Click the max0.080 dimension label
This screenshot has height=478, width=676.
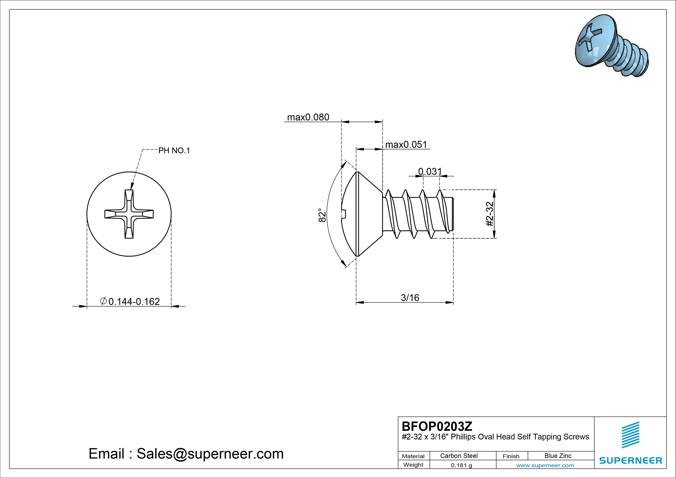[x=308, y=117]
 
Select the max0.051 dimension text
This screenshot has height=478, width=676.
[x=406, y=145]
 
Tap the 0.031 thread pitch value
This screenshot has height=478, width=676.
[x=430, y=171]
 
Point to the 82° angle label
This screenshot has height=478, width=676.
[x=322, y=215]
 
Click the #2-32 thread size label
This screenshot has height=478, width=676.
[x=489, y=214]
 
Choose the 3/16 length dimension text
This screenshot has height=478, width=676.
[x=410, y=298]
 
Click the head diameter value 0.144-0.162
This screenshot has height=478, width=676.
[x=134, y=302]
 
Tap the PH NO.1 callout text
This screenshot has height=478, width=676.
[x=174, y=151]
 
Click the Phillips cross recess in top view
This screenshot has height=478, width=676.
[x=129, y=214]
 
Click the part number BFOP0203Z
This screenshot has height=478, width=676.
[x=437, y=426]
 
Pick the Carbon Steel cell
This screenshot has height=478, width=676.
[x=459, y=456]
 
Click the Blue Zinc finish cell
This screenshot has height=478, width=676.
[x=558, y=456]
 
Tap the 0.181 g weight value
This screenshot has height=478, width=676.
[x=461, y=465]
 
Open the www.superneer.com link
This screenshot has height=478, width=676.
[x=545, y=465]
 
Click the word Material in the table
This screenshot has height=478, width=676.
[x=413, y=456]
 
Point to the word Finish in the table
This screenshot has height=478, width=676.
[x=511, y=456]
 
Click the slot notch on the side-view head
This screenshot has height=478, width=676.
[x=345, y=214]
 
